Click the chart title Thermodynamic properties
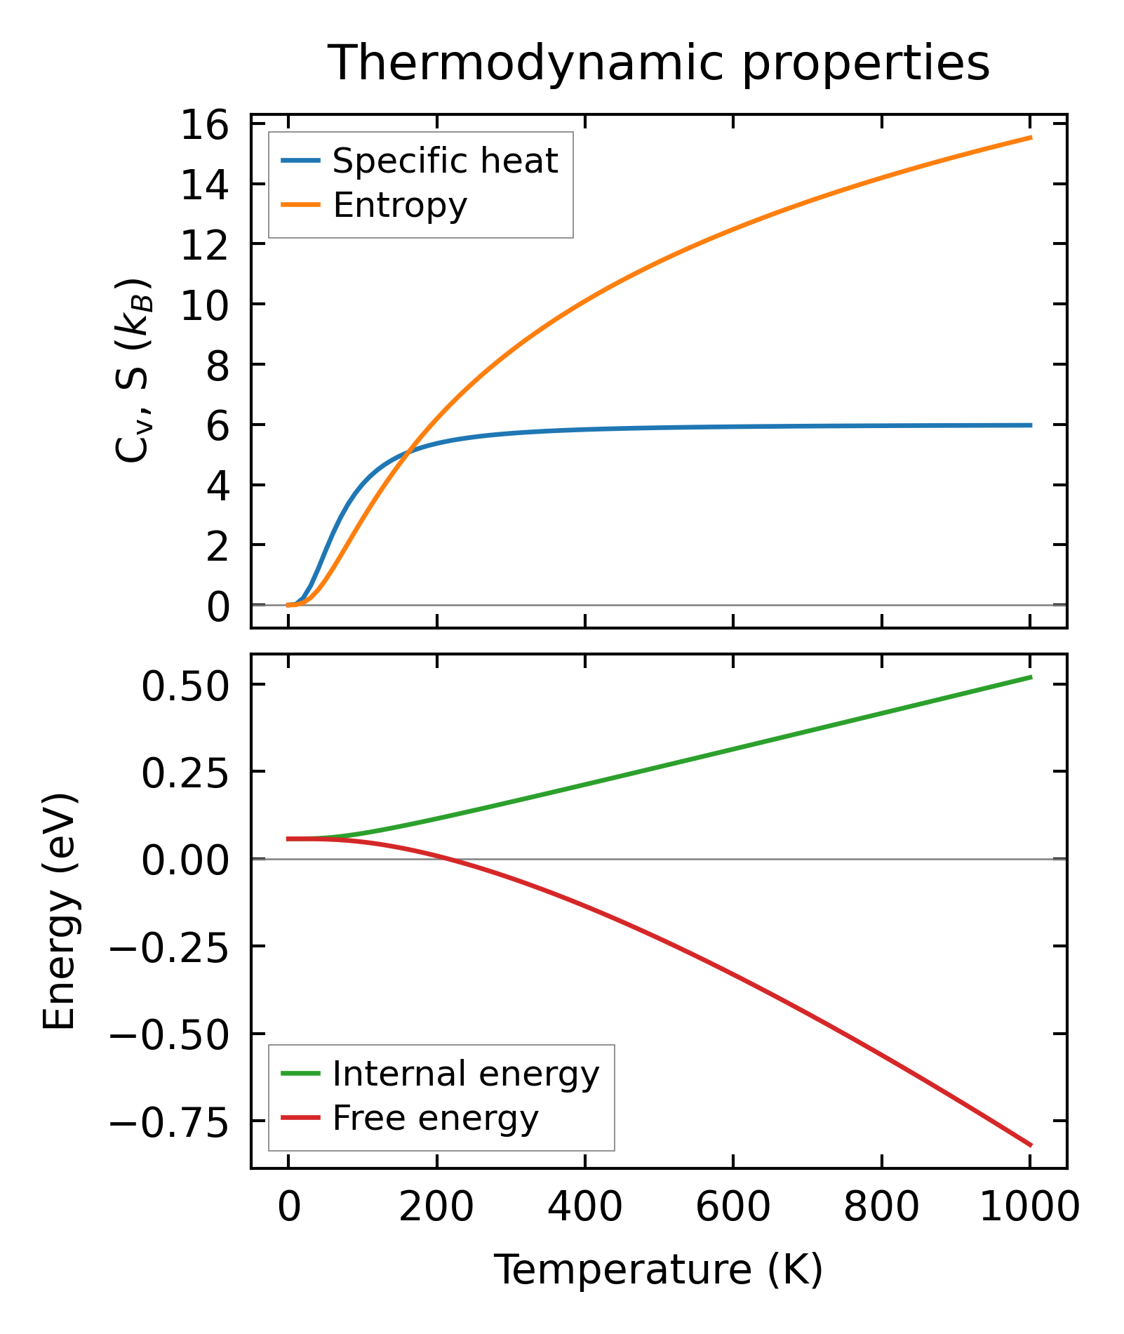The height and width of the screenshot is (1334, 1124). (659, 63)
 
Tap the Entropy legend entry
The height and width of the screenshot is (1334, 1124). (400, 206)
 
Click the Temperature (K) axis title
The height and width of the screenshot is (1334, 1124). (659, 1269)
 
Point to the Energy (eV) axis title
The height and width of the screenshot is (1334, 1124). (59, 912)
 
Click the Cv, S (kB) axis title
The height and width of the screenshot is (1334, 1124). (133, 371)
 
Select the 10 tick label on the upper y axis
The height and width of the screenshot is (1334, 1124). (205, 305)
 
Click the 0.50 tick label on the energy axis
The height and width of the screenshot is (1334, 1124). (185, 686)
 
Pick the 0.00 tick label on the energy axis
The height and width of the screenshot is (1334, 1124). (185, 860)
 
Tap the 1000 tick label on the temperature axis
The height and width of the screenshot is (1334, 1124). (1029, 1207)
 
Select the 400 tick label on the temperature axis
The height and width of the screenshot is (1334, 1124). (584, 1207)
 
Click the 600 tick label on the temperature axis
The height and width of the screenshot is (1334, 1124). (732, 1207)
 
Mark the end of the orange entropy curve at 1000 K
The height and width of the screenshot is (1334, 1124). (1030, 138)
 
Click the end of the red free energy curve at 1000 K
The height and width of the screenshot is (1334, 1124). (1030, 1145)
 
